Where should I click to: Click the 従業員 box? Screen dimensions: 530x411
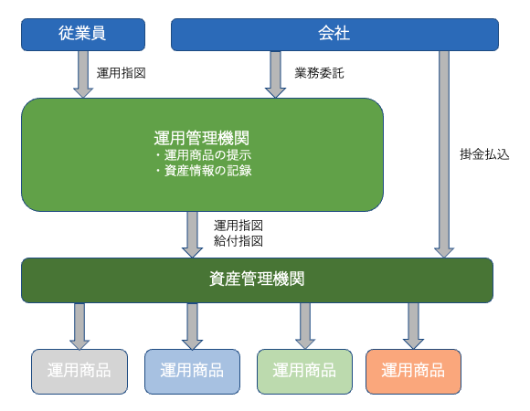tap(83, 35)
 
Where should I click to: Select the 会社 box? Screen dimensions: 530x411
tap(334, 35)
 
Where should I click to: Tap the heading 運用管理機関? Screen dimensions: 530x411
tap(202, 138)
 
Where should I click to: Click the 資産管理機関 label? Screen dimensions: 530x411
tap(257, 279)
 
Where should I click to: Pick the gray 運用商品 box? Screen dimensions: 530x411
tap(79, 371)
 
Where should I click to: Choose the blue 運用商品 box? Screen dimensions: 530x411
tap(192, 371)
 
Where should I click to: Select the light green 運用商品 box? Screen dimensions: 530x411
tap(304, 371)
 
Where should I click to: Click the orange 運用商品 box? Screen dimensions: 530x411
tap(413, 371)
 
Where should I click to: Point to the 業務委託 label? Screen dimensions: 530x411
tap(320, 73)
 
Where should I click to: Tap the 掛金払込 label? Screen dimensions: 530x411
tap(484, 154)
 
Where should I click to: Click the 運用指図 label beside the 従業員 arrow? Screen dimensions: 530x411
tap(121, 73)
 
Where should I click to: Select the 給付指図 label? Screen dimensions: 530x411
tap(238, 241)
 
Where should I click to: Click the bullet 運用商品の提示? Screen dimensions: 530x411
tap(203, 155)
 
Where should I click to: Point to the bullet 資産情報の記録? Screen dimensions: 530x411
tap(203, 171)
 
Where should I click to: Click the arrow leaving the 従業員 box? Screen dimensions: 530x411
tap(83, 74)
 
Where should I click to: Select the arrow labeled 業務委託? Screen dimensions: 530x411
tap(275, 74)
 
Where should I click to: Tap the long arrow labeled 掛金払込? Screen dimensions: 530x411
tap(444, 154)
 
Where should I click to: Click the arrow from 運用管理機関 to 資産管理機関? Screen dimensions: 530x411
tap(192, 235)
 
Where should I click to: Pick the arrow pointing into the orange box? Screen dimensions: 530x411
tap(413, 326)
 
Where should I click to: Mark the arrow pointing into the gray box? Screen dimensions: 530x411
tap(79, 326)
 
